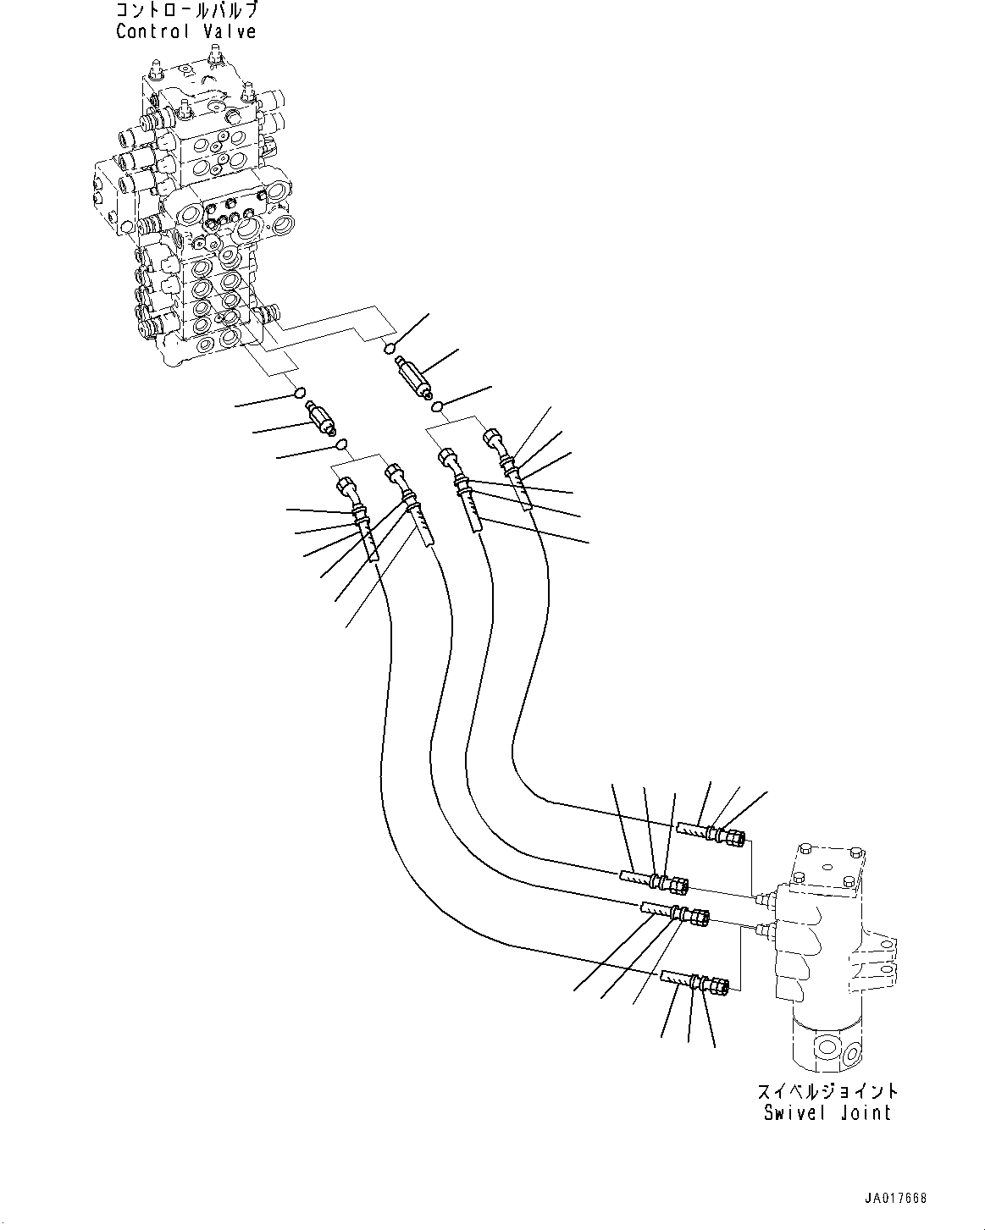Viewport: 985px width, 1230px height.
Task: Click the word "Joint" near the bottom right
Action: (x=864, y=1113)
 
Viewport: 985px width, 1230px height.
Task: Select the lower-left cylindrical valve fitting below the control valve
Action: (x=322, y=418)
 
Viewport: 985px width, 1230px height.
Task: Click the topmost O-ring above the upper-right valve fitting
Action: (x=390, y=347)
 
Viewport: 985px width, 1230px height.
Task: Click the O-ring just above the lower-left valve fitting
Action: (x=298, y=392)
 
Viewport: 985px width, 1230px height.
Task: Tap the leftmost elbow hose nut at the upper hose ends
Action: (x=346, y=488)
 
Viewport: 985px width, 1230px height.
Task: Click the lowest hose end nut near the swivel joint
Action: (x=719, y=986)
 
